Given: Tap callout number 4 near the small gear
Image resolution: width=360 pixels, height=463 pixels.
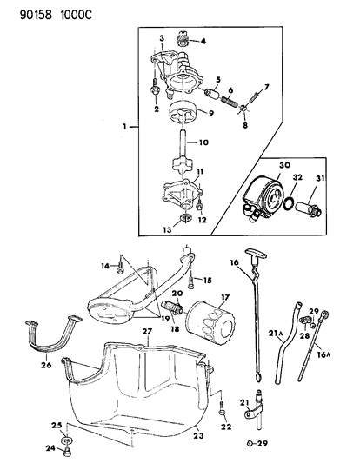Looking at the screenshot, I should pyautogui.click(x=204, y=41).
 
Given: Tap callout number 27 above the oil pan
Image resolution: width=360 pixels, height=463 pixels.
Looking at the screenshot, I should pyautogui.click(x=147, y=331).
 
